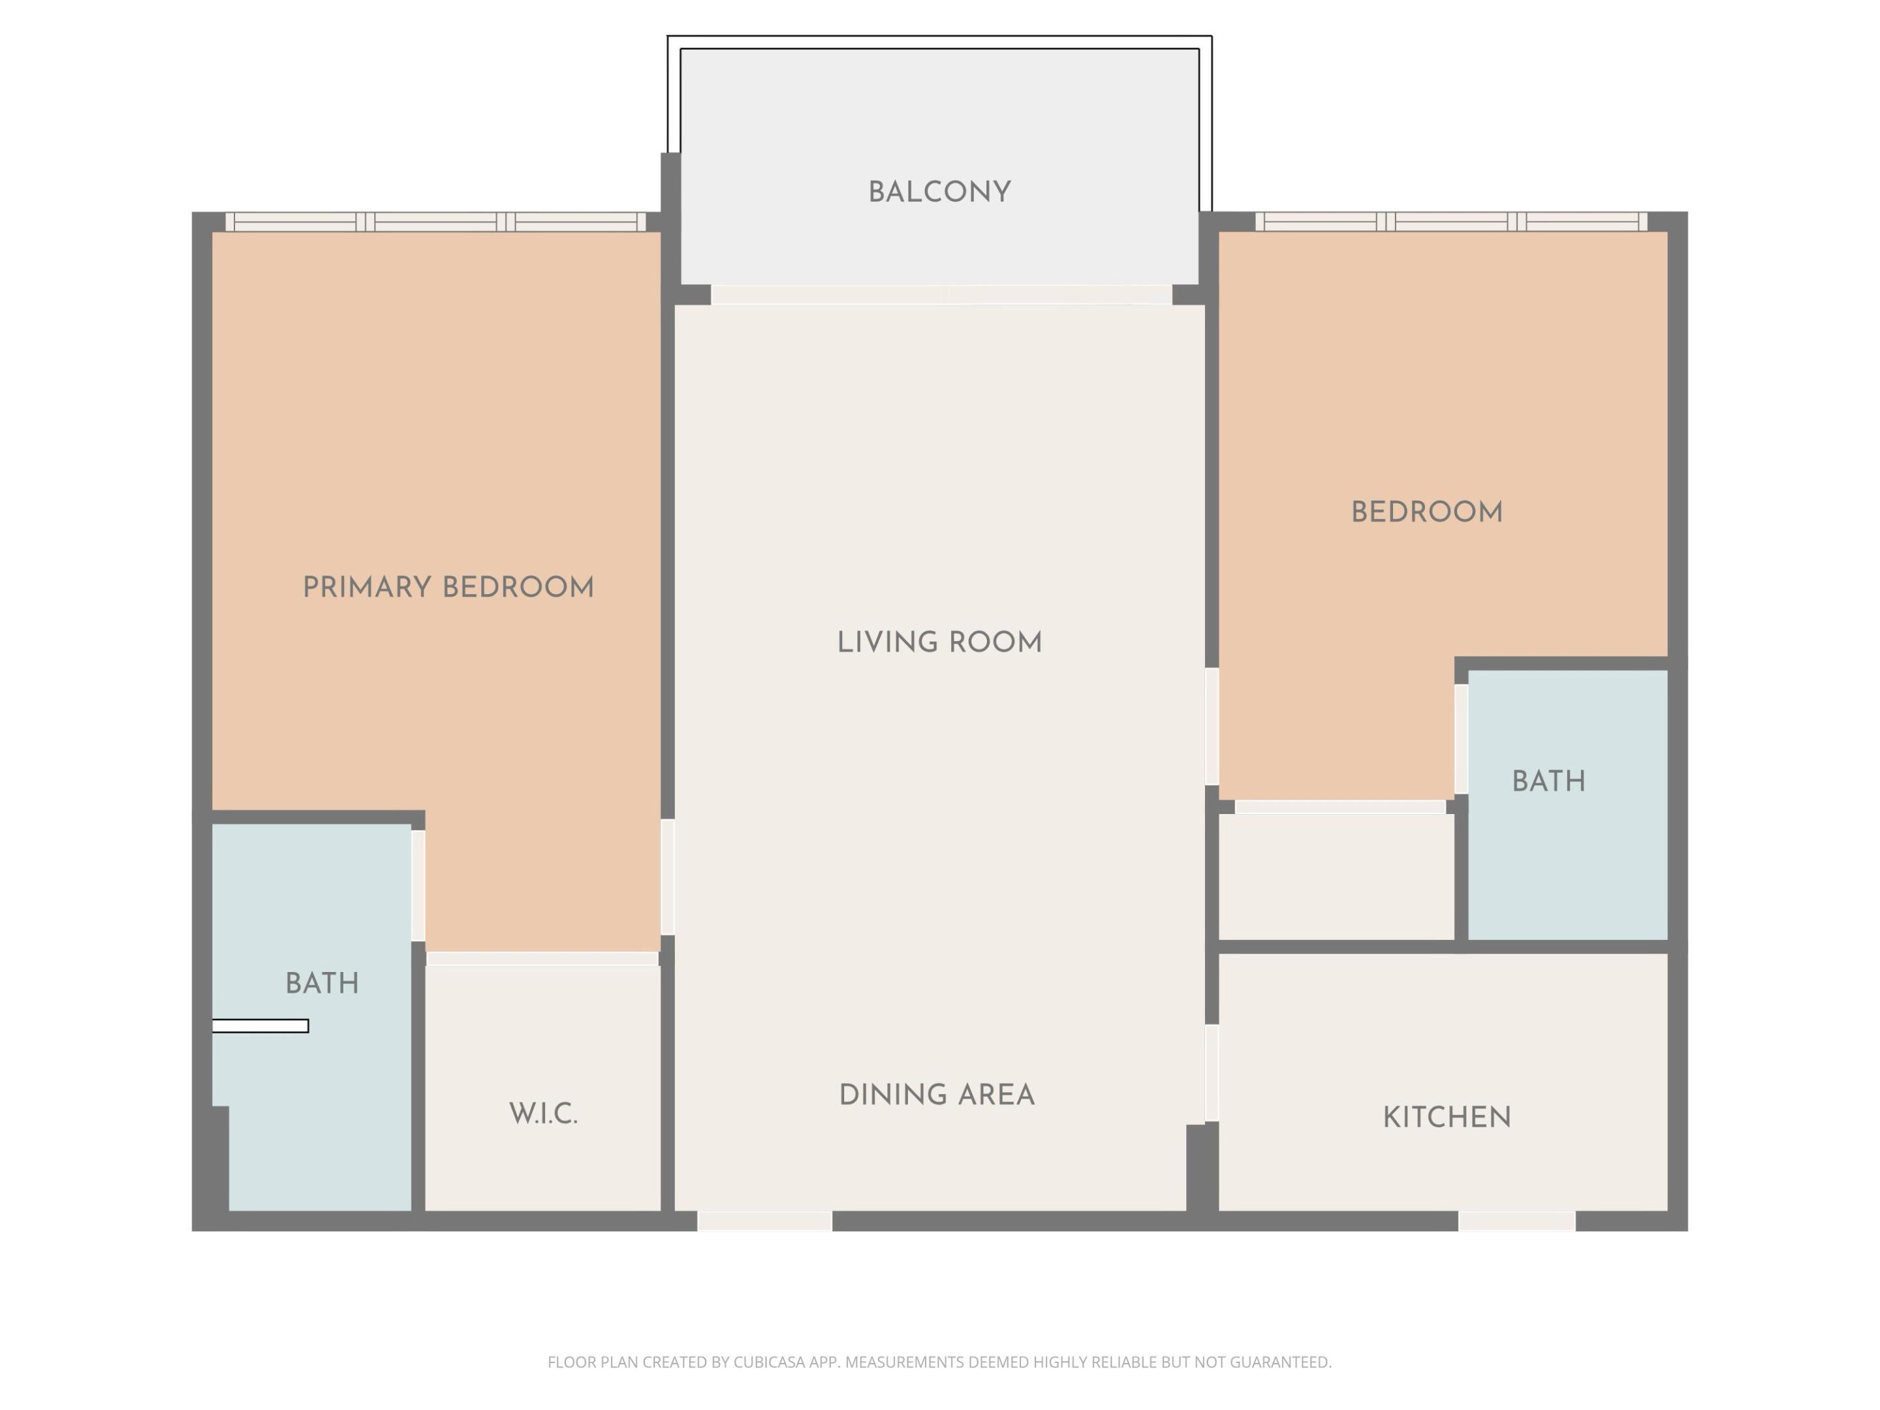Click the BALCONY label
click(x=939, y=192)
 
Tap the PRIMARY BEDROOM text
click(x=448, y=587)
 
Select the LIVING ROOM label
click(x=939, y=642)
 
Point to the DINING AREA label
click(x=937, y=1095)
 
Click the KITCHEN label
click(x=1447, y=1118)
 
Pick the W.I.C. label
click(x=543, y=1114)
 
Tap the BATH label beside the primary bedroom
click(x=321, y=983)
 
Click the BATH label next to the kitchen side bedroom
click(x=1548, y=782)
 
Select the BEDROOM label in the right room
click(x=1426, y=512)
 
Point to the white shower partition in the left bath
click(x=260, y=1026)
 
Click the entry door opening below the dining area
click(x=764, y=1221)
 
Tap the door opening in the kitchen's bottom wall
click(x=1516, y=1221)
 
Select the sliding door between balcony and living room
click(x=941, y=295)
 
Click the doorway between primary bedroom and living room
click(x=668, y=877)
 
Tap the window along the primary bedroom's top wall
click(x=435, y=222)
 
